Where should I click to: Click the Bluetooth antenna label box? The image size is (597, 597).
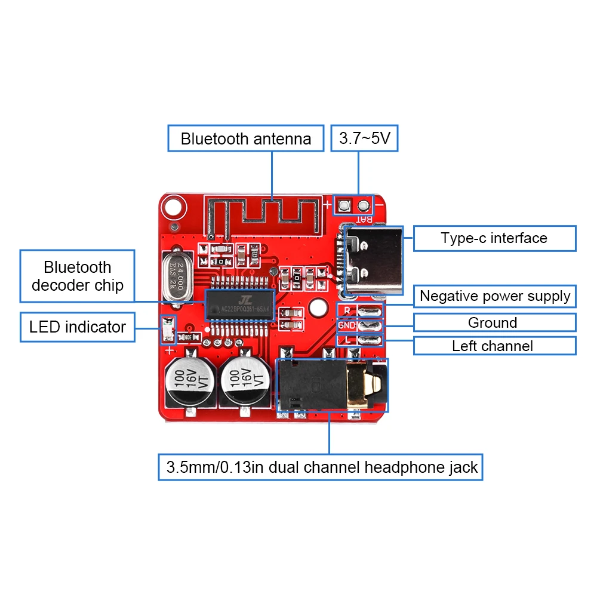point(246,139)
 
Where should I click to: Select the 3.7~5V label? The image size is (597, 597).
point(364,139)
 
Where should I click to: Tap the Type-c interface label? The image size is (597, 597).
point(494,238)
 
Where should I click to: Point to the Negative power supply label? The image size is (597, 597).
point(495,296)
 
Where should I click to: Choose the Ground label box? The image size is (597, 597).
point(494,323)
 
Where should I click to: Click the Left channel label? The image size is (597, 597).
point(494,346)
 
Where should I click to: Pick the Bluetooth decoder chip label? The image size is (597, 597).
point(78,276)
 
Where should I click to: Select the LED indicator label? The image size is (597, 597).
point(78,327)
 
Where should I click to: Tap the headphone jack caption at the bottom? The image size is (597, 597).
point(321,467)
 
